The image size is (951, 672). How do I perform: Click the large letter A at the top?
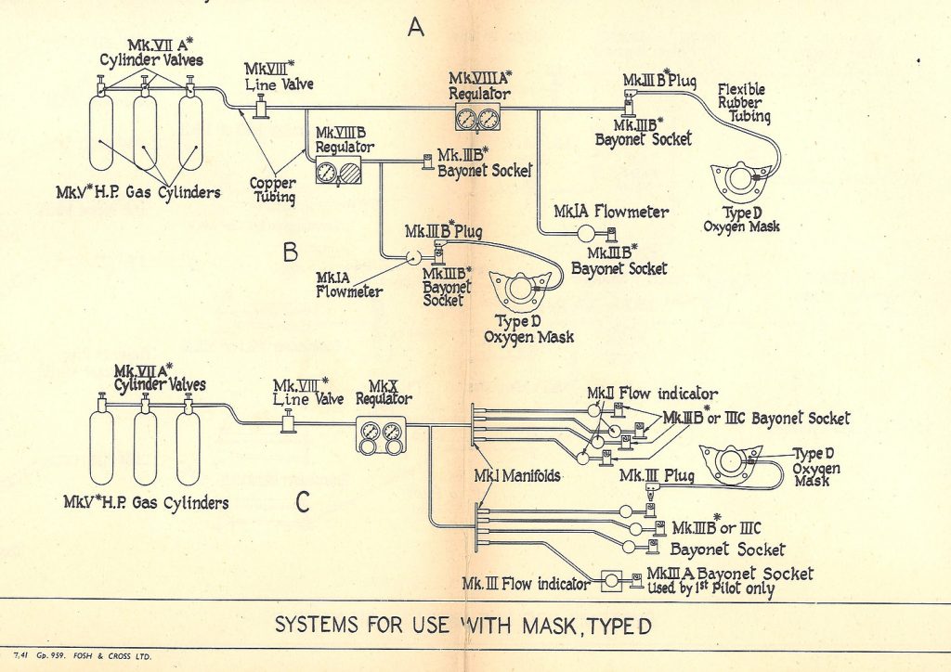tap(416, 29)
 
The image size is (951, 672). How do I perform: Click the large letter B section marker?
tap(289, 251)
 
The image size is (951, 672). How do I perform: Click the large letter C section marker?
tap(302, 502)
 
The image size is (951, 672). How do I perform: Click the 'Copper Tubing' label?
tap(273, 191)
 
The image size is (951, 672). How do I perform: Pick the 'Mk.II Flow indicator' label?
tap(651, 394)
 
